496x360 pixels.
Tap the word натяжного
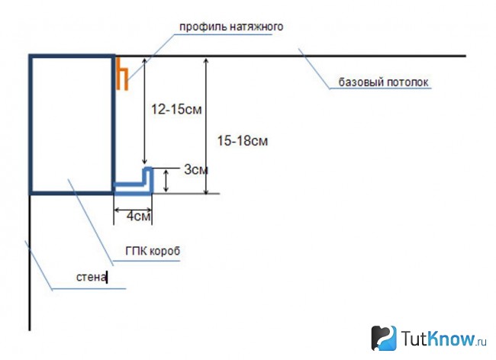click(x=256, y=26)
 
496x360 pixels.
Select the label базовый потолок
click(x=383, y=82)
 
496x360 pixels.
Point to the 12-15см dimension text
click(x=176, y=109)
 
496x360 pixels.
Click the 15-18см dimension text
click(x=243, y=140)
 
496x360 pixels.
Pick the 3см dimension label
click(x=196, y=170)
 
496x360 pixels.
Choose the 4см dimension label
click(x=138, y=216)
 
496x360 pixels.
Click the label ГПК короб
click(x=153, y=251)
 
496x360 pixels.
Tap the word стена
click(x=91, y=277)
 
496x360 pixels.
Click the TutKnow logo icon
click(x=384, y=338)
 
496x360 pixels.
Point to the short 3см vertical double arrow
click(x=166, y=181)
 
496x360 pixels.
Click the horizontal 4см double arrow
click(x=133, y=210)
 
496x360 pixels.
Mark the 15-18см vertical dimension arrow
click(x=206, y=126)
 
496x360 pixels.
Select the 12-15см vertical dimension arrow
click(x=144, y=111)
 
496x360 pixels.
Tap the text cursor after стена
click(x=107, y=277)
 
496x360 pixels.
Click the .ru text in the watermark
click(x=481, y=342)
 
